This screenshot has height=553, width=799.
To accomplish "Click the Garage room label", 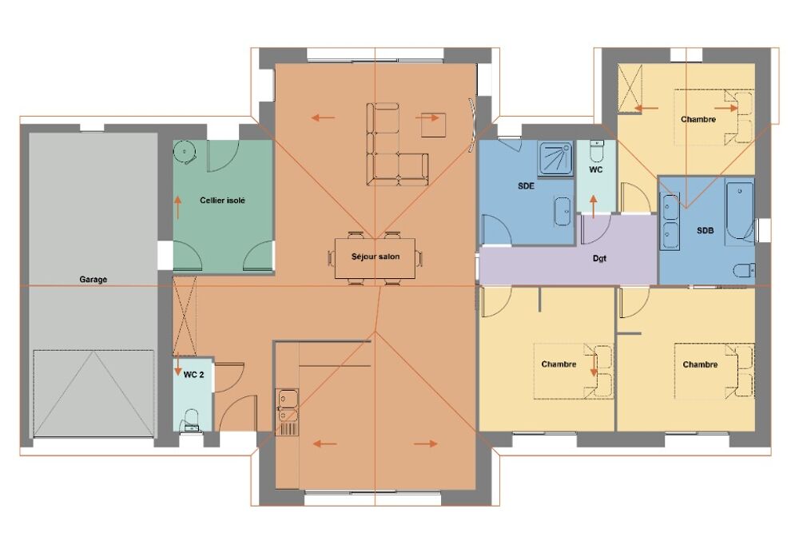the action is (93, 280).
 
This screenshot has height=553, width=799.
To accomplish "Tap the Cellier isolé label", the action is (222, 201).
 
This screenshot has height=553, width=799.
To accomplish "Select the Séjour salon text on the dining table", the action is (376, 257).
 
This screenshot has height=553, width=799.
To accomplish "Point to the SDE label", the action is (526, 186).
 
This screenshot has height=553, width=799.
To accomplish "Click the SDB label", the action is (706, 230).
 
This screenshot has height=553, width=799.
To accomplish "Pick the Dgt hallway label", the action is (600, 258).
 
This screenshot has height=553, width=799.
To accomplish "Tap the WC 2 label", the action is (193, 375).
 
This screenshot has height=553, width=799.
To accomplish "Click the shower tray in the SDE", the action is (555, 158).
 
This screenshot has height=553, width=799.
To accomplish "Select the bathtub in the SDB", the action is (740, 210).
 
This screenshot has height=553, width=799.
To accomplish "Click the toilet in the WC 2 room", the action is (191, 420).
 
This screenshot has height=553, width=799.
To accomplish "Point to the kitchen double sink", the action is (288, 406).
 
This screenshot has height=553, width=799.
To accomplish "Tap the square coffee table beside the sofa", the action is (434, 125).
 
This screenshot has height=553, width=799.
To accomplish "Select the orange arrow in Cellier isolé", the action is (178, 207).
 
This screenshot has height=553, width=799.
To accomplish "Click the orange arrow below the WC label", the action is (593, 206).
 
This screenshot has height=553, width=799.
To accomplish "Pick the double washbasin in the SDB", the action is (670, 221).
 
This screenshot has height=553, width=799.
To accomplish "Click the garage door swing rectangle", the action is (93, 393).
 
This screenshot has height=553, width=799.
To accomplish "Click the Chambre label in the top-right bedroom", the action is (698, 119).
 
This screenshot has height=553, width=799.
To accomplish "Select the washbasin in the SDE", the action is (562, 211).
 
